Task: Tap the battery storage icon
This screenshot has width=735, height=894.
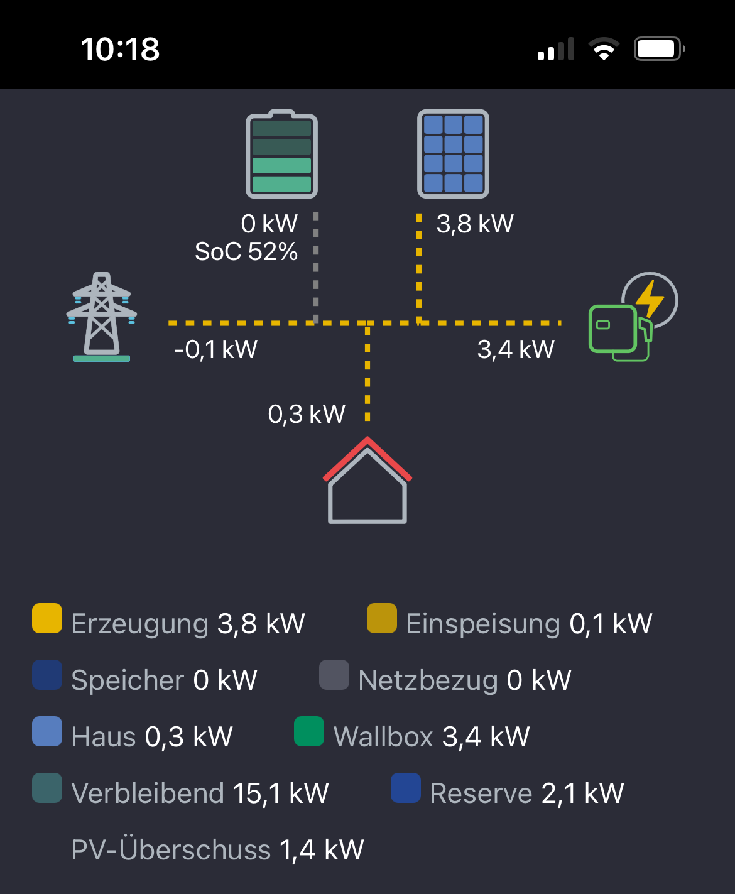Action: pos(281,154)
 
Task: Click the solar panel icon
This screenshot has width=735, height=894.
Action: pos(453,154)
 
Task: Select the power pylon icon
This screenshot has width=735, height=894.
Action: pos(102,317)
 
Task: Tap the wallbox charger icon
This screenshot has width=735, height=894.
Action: pos(633,317)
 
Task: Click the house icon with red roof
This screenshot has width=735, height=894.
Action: pos(367,480)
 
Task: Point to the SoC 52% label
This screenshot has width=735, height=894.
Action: pos(246,251)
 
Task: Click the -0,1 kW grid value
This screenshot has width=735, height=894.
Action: pos(215,349)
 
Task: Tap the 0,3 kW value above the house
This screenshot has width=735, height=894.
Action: pos(307,414)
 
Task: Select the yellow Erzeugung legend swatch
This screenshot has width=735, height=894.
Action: pos(47,618)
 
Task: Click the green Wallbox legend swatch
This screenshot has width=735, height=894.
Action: pos(309,731)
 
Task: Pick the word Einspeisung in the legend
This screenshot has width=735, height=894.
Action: pos(483,624)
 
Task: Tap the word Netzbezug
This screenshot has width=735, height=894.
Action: pos(428,680)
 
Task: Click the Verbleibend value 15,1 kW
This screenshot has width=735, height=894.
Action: pos(281,793)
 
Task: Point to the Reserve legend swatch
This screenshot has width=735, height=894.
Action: pos(406,788)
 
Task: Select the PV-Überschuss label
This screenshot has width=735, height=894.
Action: pos(171,849)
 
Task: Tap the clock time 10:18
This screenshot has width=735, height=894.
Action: pos(120,49)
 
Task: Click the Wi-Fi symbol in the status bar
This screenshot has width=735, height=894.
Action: pos(604,49)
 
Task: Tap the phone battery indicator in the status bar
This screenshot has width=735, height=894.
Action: pos(660,49)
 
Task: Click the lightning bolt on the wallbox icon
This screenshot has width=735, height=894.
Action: pos(650,299)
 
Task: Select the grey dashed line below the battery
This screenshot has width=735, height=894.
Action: pos(316,266)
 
